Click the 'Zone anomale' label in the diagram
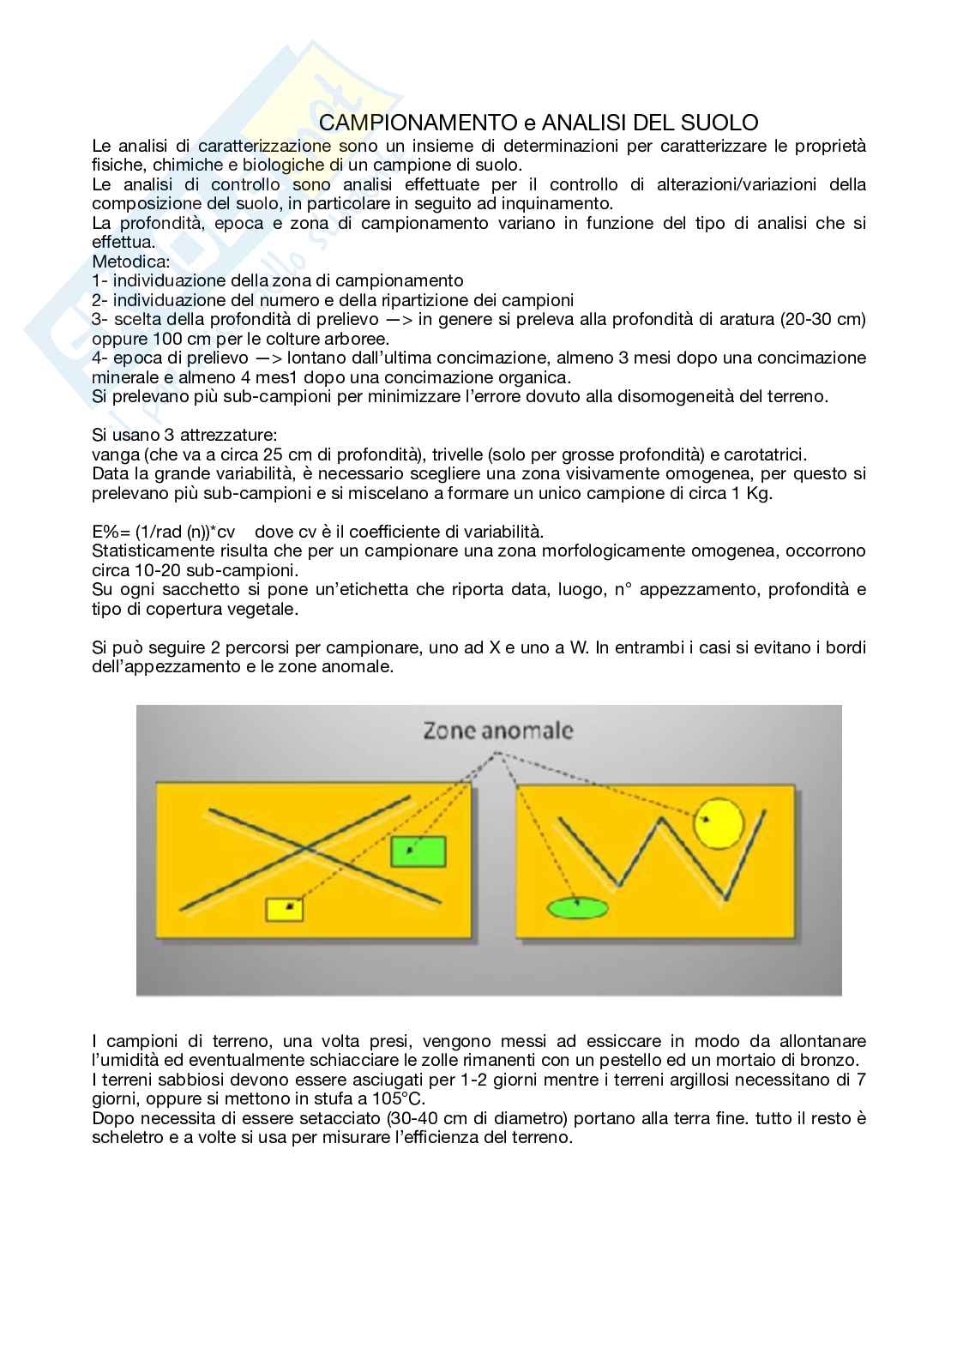497,731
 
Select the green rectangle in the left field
418,852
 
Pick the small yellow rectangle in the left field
285,909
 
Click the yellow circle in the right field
718,823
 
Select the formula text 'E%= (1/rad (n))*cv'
163,531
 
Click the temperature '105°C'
402,1099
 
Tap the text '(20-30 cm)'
825,319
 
